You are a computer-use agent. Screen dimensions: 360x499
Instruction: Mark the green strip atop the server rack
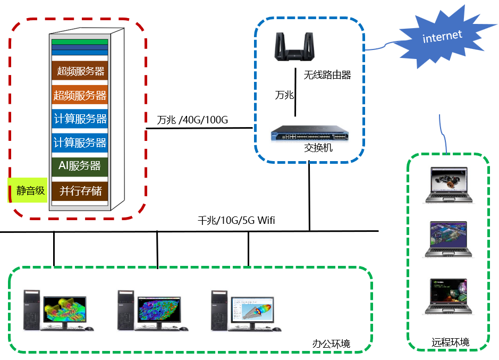tap(80, 41)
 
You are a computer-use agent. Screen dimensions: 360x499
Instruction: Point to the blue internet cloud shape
tap(442, 38)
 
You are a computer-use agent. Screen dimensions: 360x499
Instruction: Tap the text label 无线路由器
tap(327, 75)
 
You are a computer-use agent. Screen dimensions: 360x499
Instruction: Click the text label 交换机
tap(318, 148)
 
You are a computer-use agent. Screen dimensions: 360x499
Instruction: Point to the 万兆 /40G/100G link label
tap(192, 120)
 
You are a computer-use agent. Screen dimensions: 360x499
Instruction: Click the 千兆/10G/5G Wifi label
tap(236, 220)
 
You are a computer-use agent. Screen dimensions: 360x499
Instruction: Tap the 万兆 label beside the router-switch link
tap(284, 95)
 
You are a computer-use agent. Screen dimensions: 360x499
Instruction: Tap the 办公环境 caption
tap(331, 344)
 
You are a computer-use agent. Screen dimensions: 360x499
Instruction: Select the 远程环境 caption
tap(450, 342)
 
